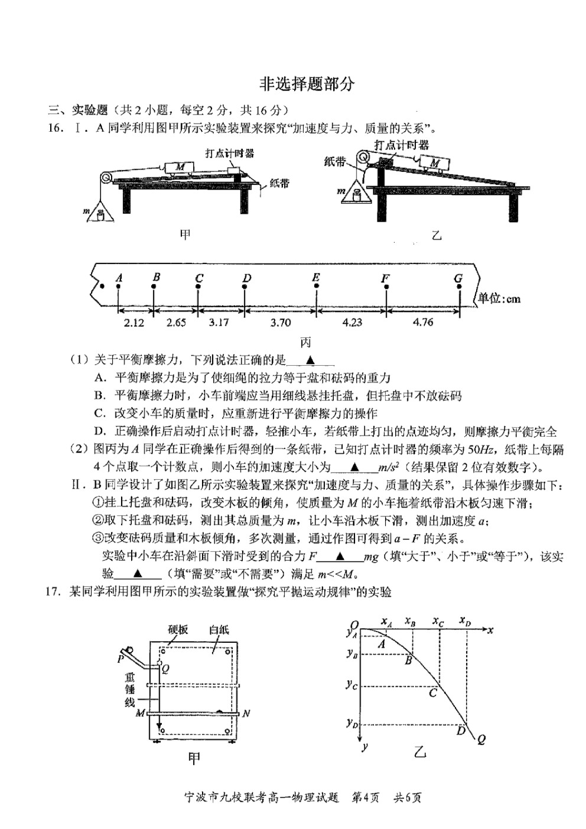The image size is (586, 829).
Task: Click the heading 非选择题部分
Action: coord(307,84)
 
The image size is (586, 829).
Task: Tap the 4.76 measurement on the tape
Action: coord(422,323)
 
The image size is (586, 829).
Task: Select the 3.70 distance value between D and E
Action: coord(280,323)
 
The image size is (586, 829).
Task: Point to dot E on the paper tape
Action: coord(316,286)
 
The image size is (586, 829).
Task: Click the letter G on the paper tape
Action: coord(458,278)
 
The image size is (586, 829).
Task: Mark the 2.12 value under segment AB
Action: coord(134,323)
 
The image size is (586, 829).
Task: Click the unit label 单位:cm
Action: coord(499,298)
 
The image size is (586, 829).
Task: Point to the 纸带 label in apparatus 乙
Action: coord(335,162)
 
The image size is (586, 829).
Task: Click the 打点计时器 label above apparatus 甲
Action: coord(230,153)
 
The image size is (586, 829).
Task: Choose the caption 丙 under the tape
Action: coord(305,343)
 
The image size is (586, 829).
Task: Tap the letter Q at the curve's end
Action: coord(481,740)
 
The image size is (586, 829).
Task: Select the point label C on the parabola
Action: coord(433,692)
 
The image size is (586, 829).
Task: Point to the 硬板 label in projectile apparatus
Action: coord(178,629)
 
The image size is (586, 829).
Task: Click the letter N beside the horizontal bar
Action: coord(246,713)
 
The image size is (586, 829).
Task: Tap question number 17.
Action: coord(53,592)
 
